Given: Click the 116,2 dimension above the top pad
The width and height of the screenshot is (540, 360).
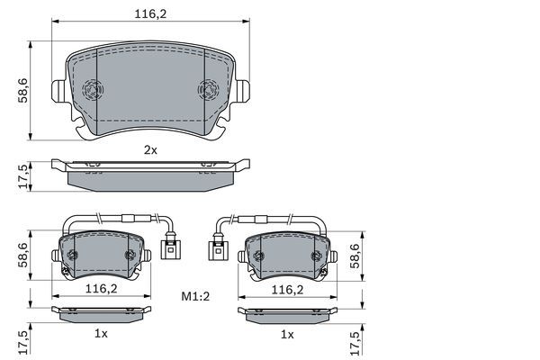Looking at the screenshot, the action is click(x=150, y=14).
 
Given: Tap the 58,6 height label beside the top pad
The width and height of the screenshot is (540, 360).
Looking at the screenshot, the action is click(x=23, y=91).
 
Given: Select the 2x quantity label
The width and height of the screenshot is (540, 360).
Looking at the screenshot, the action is click(x=150, y=150).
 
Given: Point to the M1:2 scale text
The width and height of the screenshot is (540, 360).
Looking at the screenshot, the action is click(x=195, y=296).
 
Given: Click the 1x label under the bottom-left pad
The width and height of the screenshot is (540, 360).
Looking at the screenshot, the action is click(x=101, y=334).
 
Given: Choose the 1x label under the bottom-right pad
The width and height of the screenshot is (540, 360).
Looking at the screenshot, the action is click(x=288, y=334).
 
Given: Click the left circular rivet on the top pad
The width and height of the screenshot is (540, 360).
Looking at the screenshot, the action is click(x=93, y=90).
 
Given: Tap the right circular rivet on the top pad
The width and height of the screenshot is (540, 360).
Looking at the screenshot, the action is click(x=208, y=90).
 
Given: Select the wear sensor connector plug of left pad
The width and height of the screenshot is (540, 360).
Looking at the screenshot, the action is click(x=170, y=247).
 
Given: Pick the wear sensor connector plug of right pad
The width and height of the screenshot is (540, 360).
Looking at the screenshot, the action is click(x=218, y=247).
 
